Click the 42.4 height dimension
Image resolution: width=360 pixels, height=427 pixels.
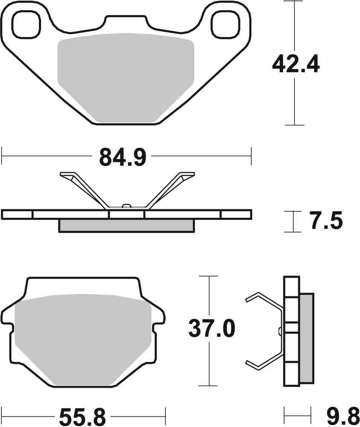pos(296,65)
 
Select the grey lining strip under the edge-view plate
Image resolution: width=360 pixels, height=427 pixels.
pos(126,225)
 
